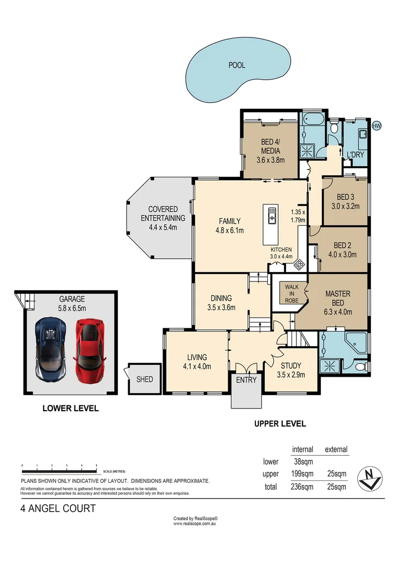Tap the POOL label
[237, 66]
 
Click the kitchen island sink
[272, 215]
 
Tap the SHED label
[145, 379]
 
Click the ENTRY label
[246, 380]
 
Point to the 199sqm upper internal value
[302, 474]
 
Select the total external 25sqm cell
[335, 487]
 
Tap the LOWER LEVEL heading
[70, 408]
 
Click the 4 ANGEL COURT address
[58, 508]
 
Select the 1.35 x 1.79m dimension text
[298, 216]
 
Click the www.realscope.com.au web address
[195, 523]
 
